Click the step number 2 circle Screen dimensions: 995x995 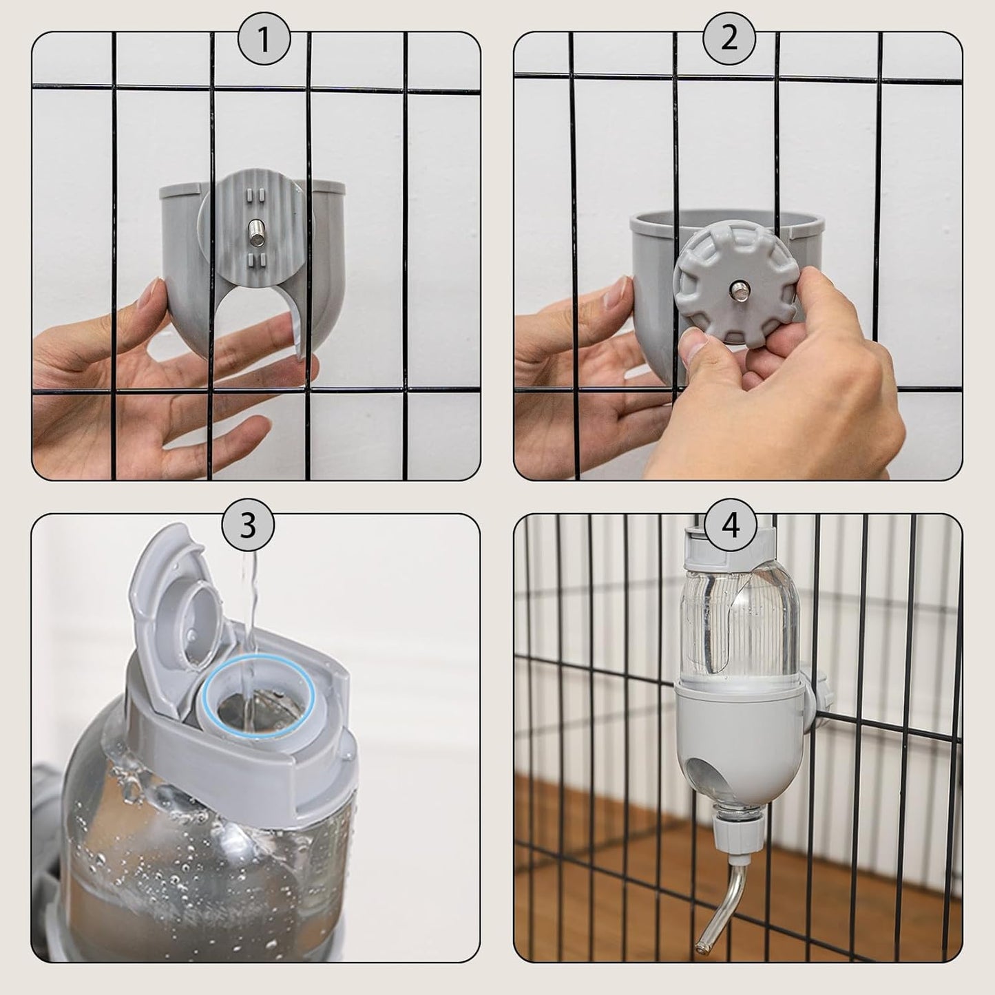729,39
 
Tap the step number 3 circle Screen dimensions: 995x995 248,525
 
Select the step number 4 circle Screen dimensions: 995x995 731,527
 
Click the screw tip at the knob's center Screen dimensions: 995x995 740,286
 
